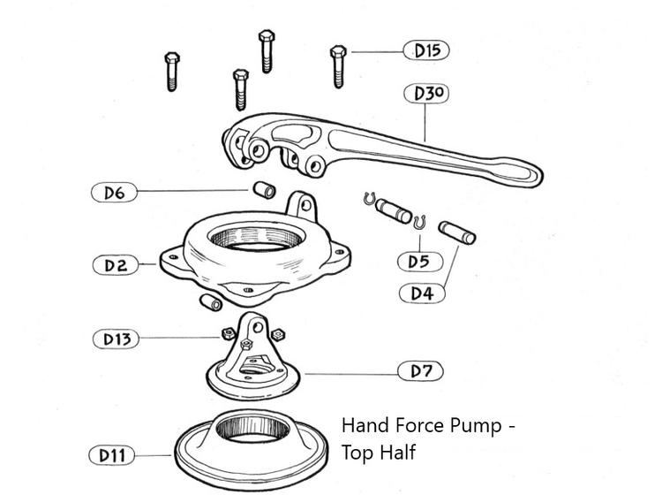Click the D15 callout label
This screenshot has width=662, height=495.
426,50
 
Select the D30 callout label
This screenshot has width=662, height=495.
426,93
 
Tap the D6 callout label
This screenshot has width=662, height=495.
114,191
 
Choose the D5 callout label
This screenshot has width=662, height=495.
418,261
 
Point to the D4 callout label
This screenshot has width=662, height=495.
422,293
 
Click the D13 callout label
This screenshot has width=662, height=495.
116,338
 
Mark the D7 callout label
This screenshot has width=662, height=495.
426,371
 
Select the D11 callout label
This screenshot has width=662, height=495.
111,456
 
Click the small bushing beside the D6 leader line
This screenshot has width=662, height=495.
263,190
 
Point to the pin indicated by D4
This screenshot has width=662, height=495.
456,232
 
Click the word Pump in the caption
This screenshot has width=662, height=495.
474,425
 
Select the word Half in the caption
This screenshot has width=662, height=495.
397,453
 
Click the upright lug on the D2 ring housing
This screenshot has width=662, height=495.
303,206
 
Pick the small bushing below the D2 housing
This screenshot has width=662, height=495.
212,303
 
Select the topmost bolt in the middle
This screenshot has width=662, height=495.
266,50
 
